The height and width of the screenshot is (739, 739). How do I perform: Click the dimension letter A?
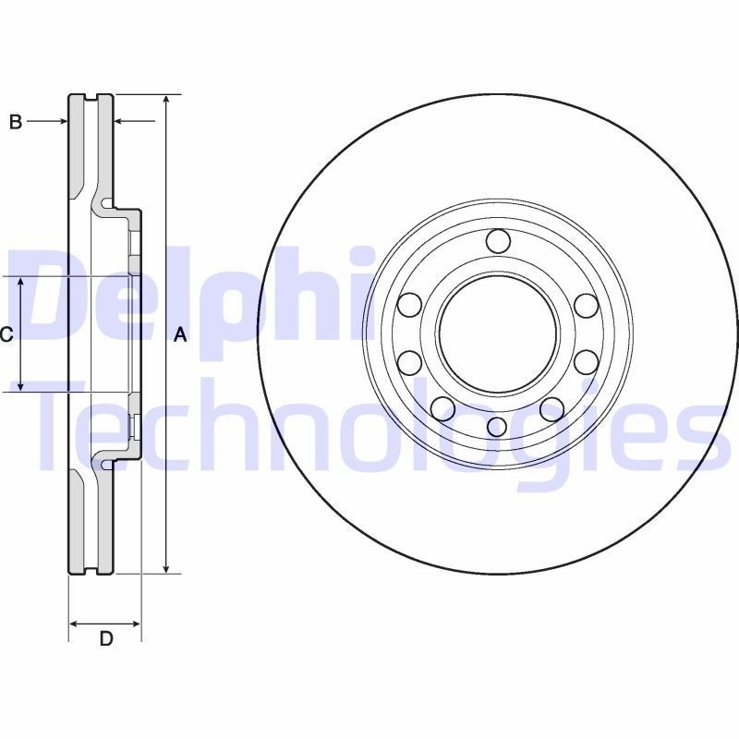pos(181,335)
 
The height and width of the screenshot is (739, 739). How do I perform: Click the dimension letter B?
pos(16,121)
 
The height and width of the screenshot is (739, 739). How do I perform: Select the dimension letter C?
pos(6,334)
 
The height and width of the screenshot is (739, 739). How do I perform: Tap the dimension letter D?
pos(105,638)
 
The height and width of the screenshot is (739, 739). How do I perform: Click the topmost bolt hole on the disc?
pos(497,241)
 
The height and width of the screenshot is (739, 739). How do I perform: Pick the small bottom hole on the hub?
pos(497,426)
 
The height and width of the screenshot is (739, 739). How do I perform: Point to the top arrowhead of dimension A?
pos(165,100)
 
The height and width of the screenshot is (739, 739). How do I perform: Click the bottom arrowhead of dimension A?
pos(165,567)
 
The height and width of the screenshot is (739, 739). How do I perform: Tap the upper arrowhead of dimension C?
pos(23,282)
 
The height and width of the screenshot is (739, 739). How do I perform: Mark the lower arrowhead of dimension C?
pos(23,386)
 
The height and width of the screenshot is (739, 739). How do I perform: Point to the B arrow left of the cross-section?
pos(62,121)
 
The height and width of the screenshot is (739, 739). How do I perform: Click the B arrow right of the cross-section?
pos(120,121)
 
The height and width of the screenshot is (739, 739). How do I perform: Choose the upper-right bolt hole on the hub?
pos(584,304)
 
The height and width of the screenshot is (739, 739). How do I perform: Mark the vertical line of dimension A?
pos(165,231)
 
